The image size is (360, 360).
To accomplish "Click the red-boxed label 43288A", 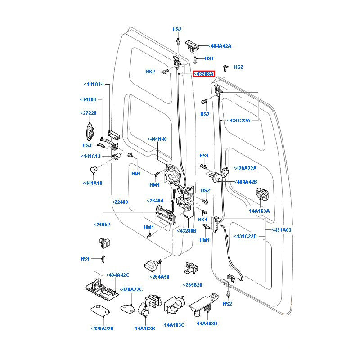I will click(x=204, y=74).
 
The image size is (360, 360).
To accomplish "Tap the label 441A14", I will click(x=94, y=84).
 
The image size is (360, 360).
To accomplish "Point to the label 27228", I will click(x=88, y=113).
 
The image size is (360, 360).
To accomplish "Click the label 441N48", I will click(x=157, y=139).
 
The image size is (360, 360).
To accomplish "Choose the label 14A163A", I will click(x=259, y=211).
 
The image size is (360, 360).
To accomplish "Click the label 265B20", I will click(x=193, y=285).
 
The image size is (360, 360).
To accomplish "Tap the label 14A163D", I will click(x=207, y=324).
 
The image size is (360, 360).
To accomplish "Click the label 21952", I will click(x=102, y=225).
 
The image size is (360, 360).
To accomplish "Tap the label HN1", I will click(x=136, y=174).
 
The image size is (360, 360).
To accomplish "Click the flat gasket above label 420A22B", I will click(x=102, y=311).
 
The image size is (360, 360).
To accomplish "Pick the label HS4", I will click(x=203, y=219).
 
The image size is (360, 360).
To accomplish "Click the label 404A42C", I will click(x=118, y=274).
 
